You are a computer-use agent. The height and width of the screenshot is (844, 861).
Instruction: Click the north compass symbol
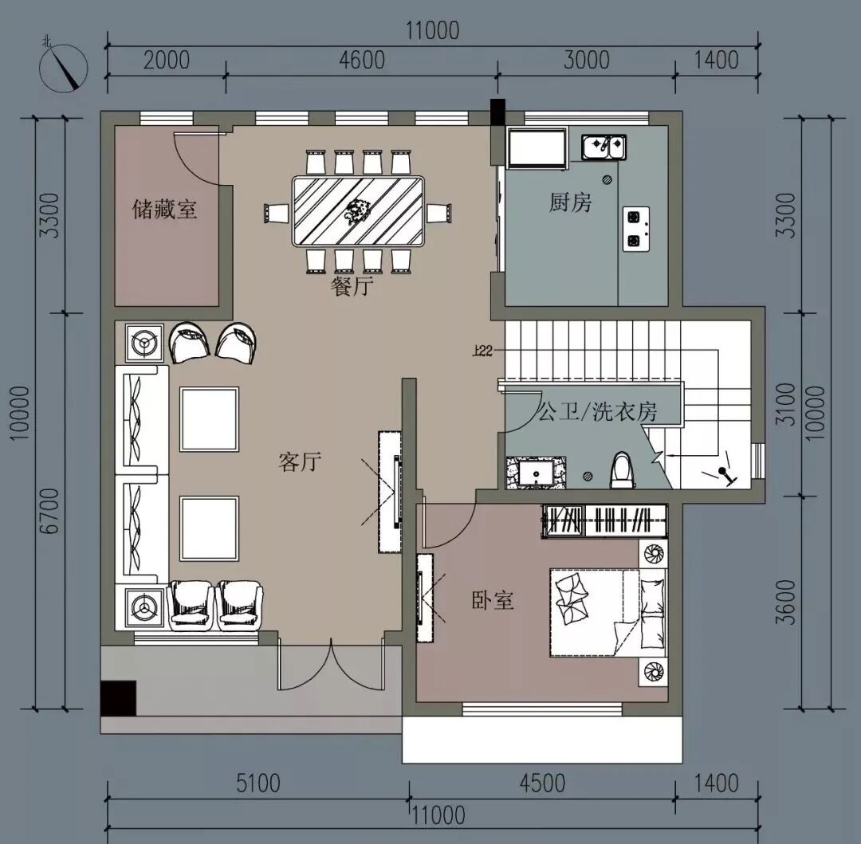click(64, 67)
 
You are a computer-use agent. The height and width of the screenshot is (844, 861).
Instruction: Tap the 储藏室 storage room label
click(164, 209)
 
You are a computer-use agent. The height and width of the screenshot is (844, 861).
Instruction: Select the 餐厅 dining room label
click(352, 286)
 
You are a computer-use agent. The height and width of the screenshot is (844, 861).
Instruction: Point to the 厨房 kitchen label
click(571, 202)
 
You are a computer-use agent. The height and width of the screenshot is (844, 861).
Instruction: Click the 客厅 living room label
click(300, 462)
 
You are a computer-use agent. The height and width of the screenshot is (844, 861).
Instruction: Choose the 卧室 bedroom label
click(493, 600)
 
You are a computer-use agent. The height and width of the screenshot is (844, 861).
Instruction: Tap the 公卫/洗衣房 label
click(597, 411)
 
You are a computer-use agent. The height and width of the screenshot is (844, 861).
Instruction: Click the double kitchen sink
click(603, 147)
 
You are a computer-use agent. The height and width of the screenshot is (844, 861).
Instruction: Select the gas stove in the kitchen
click(636, 229)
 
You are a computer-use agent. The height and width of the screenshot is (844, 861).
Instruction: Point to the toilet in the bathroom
click(622, 470)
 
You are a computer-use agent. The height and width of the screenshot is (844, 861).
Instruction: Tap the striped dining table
click(358, 211)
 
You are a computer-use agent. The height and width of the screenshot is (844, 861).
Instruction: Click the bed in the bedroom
click(607, 612)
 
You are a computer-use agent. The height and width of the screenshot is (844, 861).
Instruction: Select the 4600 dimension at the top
click(362, 61)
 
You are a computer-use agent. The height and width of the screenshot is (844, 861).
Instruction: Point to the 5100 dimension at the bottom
click(258, 783)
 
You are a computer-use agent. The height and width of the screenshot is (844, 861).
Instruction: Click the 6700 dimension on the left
click(49, 511)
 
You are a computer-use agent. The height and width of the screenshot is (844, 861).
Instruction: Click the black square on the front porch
click(118, 698)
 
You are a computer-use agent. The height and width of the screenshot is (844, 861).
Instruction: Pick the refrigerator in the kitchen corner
click(537, 148)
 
